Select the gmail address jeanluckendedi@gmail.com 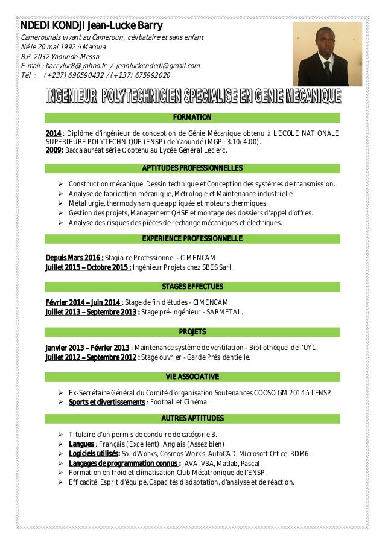click(x=158, y=65)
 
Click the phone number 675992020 click(x=150, y=75)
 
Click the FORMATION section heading click(x=192, y=117)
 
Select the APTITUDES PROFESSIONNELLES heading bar click(x=192, y=167)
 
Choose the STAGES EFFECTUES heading click(x=192, y=285)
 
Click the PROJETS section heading click(x=192, y=332)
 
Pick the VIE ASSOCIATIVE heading click(x=192, y=377)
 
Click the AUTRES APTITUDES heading click(x=192, y=418)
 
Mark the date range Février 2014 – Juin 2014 click(x=83, y=302)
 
